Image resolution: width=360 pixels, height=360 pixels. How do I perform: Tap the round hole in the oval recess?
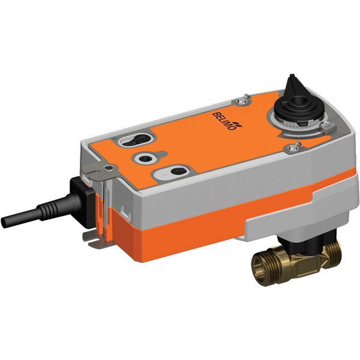click(x=176, y=172)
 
